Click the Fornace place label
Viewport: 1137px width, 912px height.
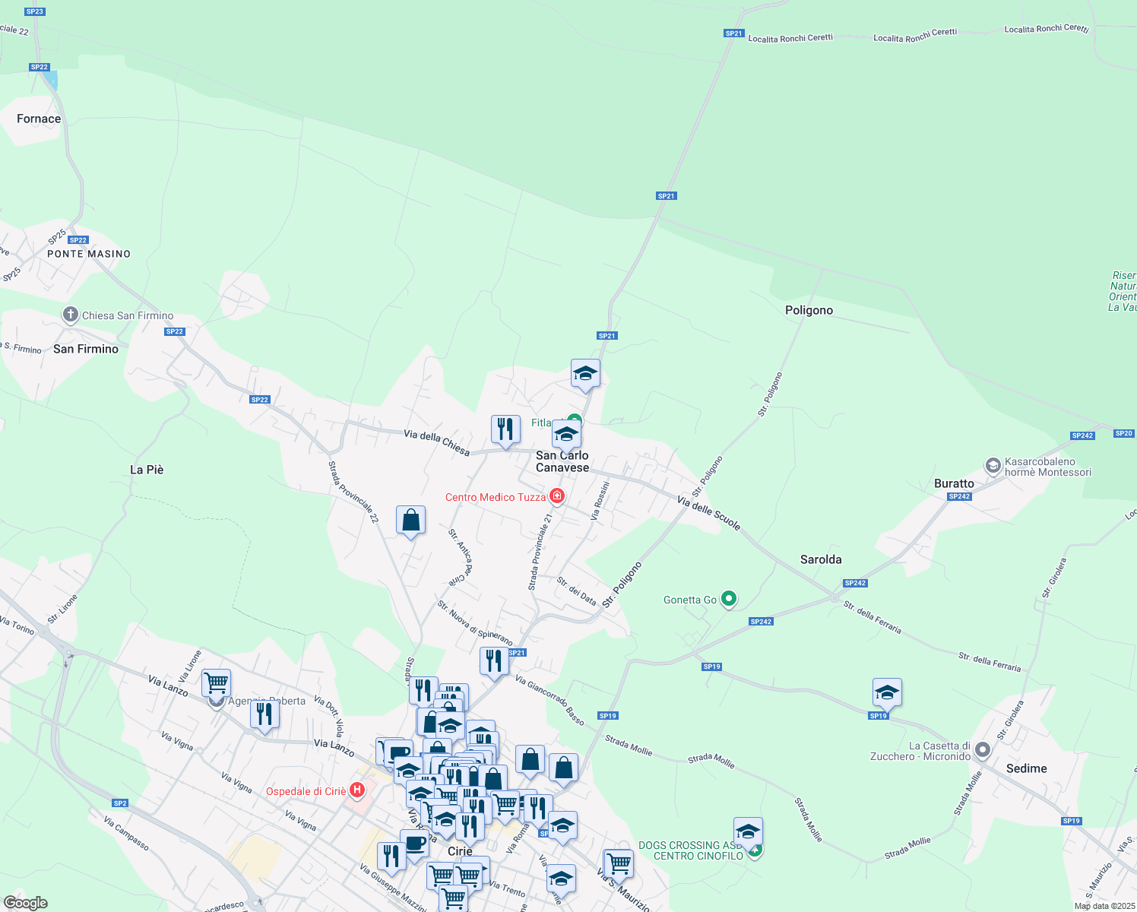point(39,119)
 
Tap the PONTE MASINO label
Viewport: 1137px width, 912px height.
point(89,254)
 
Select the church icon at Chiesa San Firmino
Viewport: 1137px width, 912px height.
point(70,315)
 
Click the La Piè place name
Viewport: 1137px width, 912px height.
point(147,470)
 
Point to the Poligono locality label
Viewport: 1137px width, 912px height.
point(809,310)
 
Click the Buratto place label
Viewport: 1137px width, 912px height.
point(954,483)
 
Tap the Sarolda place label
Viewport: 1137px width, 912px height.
point(821,559)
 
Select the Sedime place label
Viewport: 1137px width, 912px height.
point(1026,768)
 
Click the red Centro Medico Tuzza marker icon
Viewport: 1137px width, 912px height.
point(557,496)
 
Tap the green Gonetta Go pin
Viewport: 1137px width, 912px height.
point(729,599)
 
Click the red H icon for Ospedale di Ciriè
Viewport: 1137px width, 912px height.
point(356,791)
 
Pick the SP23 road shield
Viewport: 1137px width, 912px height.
point(35,11)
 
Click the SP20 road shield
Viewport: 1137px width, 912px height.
point(1123,433)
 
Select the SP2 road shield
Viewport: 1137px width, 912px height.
point(120,803)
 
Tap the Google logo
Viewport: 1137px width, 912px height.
point(25,903)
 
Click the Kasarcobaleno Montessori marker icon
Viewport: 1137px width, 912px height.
point(993,465)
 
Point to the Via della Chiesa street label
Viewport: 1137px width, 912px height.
point(436,443)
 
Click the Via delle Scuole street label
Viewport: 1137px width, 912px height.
point(708,513)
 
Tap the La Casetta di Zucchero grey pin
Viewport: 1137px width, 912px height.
point(983,750)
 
